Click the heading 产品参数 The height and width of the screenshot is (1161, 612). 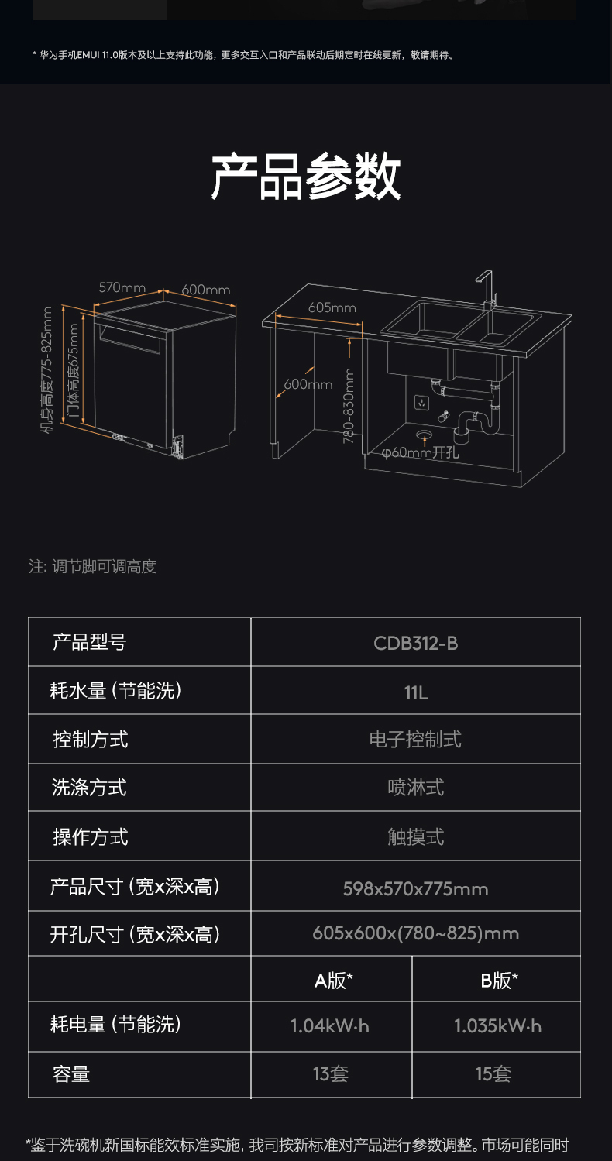pyautogui.click(x=306, y=177)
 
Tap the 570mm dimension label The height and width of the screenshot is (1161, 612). pyautogui.click(x=122, y=287)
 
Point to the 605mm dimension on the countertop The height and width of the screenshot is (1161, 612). pyautogui.click(x=332, y=307)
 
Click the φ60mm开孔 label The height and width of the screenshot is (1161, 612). pyautogui.click(x=421, y=452)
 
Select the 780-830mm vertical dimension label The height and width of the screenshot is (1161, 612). pyautogui.click(x=349, y=405)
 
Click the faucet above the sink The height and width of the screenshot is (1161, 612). pyautogui.click(x=487, y=288)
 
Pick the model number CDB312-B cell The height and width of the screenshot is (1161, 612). pyautogui.click(x=415, y=643)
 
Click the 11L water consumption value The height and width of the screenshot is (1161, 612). pyautogui.click(x=415, y=692)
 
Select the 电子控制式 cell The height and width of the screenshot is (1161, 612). pyautogui.click(x=415, y=740)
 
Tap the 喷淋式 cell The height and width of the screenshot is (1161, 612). pyautogui.click(x=415, y=788)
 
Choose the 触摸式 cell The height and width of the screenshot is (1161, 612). pyautogui.click(x=415, y=836)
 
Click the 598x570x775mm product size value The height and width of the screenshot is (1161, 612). pyautogui.click(x=415, y=888)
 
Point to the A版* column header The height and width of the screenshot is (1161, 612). pyautogui.click(x=333, y=981)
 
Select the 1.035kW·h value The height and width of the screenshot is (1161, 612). pyautogui.click(x=497, y=1026)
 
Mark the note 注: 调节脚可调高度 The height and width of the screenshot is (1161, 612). pyautogui.click(x=92, y=566)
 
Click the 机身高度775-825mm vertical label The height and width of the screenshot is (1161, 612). pyautogui.click(x=47, y=370)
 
